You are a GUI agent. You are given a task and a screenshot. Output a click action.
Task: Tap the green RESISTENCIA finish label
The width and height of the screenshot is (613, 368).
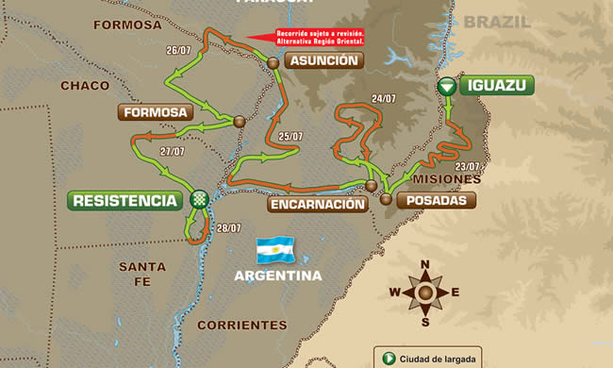pyautogui.click(x=124, y=200)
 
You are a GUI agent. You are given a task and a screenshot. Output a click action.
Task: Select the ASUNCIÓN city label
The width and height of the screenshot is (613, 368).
pyautogui.click(x=323, y=60)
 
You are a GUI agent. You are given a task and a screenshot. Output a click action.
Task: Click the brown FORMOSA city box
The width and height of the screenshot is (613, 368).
pyautogui.click(x=157, y=112)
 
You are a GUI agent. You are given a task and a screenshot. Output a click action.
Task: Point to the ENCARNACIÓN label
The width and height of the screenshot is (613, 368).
pyautogui.click(x=315, y=204)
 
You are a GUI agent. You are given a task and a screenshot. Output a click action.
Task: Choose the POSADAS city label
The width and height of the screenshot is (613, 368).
pyautogui.click(x=435, y=200)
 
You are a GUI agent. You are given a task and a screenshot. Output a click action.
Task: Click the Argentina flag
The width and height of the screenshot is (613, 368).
pyautogui.click(x=276, y=251)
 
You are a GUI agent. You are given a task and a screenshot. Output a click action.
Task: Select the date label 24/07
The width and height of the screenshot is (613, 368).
pyautogui.click(x=383, y=98)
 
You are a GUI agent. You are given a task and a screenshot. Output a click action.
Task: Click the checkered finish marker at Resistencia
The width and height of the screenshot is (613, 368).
pyautogui.click(x=199, y=199)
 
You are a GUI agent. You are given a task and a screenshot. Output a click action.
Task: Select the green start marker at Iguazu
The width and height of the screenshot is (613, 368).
pyautogui.click(x=447, y=86)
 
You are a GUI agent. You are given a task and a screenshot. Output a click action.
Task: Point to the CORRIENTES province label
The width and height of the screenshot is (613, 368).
pyautogui.click(x=241, y=325)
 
